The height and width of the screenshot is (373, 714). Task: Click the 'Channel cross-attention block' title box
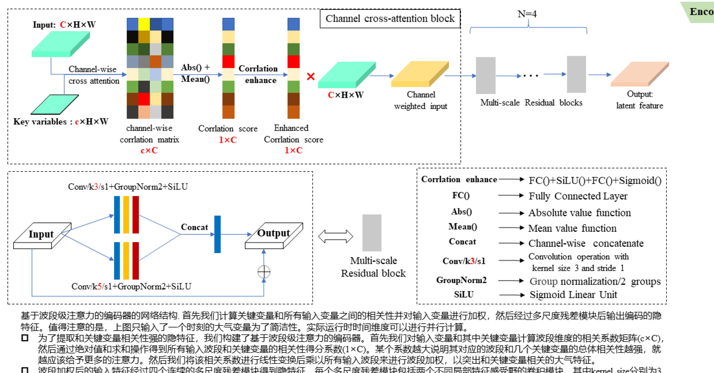390,19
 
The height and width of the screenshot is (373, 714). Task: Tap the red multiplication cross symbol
311,76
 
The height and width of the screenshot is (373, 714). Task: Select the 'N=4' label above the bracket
527,14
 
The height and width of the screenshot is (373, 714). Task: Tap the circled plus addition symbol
264,272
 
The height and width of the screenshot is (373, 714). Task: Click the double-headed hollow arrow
336,237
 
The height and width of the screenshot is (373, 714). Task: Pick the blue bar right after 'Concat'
218,234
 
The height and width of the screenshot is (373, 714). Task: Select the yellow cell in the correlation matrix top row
144,24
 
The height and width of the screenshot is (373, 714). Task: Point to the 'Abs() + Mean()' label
196,73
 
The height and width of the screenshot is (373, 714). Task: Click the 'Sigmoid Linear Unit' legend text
573,295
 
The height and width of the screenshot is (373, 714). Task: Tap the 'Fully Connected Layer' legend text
578,196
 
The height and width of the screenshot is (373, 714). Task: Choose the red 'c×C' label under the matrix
149,151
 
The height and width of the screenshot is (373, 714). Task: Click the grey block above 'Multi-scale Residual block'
372,233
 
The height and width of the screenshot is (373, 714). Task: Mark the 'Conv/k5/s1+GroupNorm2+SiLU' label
131,286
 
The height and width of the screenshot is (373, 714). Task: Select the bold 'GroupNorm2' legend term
461,280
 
